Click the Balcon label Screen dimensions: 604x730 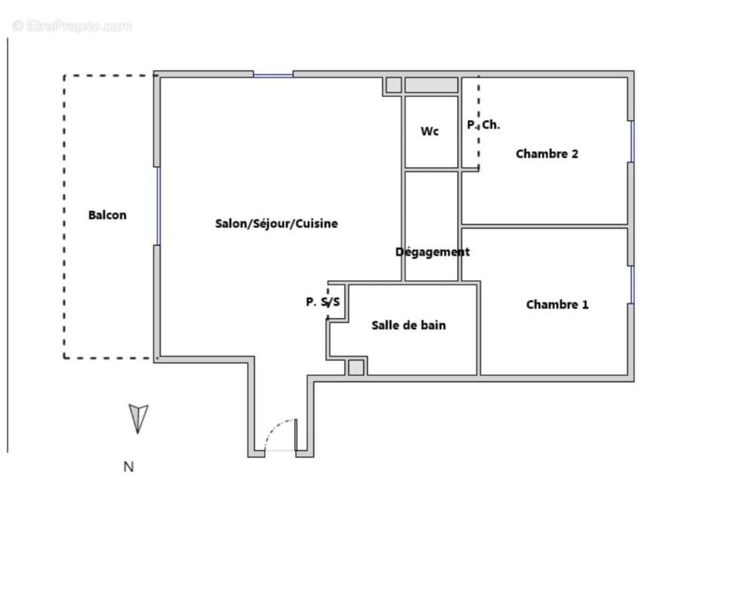pyautogui.click(x=107, y=215)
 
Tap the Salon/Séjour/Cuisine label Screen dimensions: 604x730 pyautogui.click(x=276, y=223)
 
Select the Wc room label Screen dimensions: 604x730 pyautogui.click(x=430, y=131)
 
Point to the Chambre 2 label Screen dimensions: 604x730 pyautogui.click(x=547, y=154)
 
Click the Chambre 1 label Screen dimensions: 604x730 pyautogui.click(x=557, y=305)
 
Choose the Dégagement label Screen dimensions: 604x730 pyautogui.click(x=433, y=252)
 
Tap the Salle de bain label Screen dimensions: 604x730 pyautogui.click(x=408, y=325)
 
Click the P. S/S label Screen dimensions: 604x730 pyautogui.click(x=322, y=302)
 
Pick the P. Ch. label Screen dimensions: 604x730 pyautogui.click(x=483, y=125)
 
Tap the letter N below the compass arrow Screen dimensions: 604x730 pyautogui.click(x=128, y=467)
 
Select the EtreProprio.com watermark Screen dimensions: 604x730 pyautogui.click(x=72, y=26)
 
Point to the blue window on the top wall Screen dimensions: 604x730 pyautogui.click(x=273, y=75)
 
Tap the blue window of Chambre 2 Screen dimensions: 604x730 pyautogui.click(x=632, y=141)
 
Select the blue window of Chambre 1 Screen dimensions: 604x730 pyautogui.click(x=632, y=284)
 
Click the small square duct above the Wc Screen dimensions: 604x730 pyautogui.click(x=393, y=85)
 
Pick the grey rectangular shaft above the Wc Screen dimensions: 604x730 pyautogui.click(x=431, y=85)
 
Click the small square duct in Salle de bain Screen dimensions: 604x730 pyautogui.click(x=356, y=368)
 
